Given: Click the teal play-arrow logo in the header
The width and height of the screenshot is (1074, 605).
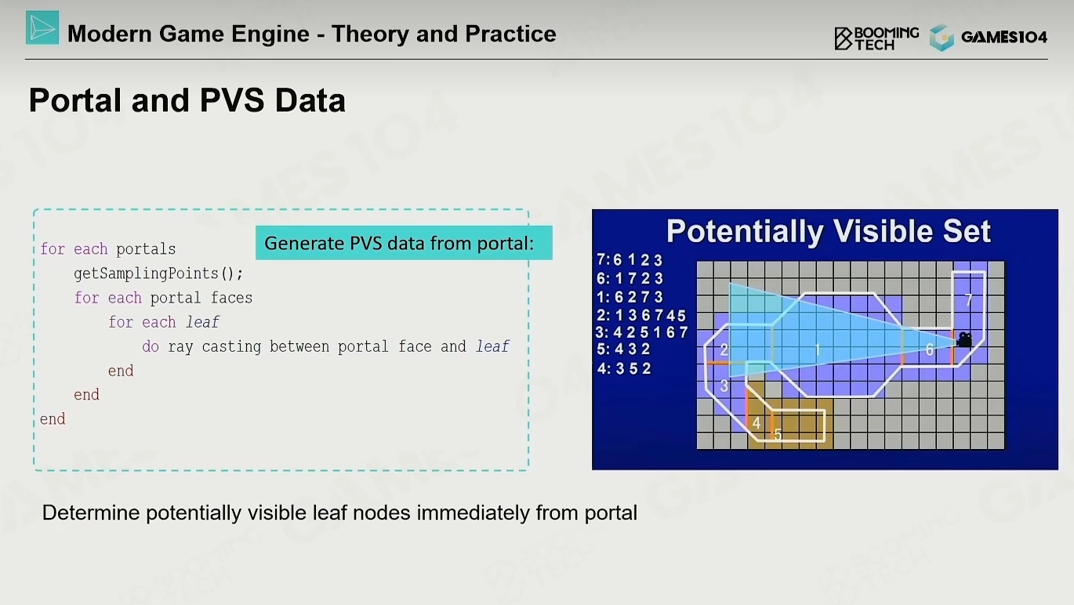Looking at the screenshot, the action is coord(42,27).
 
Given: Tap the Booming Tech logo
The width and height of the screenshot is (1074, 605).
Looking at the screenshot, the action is coord(876,38).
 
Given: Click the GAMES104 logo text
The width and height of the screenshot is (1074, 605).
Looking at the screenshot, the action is coord(1004,37).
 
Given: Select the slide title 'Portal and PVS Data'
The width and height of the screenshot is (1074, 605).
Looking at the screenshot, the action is coord(187,100).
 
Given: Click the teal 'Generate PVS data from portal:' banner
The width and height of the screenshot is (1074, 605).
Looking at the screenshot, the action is coord(404,243).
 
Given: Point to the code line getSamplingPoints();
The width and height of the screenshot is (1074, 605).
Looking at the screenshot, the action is coord(158,274).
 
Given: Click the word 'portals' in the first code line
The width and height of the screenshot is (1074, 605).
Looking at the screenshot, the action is coord(146,249).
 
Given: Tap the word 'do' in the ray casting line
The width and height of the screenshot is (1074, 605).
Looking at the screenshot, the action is coord(150,346).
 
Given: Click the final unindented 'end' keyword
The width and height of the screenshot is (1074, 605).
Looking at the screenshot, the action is coord(53,419).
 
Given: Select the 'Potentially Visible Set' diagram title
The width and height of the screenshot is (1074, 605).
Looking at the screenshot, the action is coord(829,231).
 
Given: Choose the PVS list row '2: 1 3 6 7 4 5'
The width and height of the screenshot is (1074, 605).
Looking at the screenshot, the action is coord(641,315).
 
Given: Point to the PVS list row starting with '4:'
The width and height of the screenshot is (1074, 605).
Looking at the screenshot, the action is coord(624,368).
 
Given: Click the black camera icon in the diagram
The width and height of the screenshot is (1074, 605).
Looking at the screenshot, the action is coord(964,339).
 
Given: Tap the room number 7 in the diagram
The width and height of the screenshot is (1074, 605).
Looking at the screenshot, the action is coord(968,300).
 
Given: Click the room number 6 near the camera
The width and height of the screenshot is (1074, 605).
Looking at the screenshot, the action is coord(929,350).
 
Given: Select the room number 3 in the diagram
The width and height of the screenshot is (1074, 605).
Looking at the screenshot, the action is coord(724,386).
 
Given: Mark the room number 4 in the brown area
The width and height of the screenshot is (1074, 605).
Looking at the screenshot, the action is coord(757,423).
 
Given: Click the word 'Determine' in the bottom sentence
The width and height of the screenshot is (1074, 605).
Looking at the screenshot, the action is coord(91,513).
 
